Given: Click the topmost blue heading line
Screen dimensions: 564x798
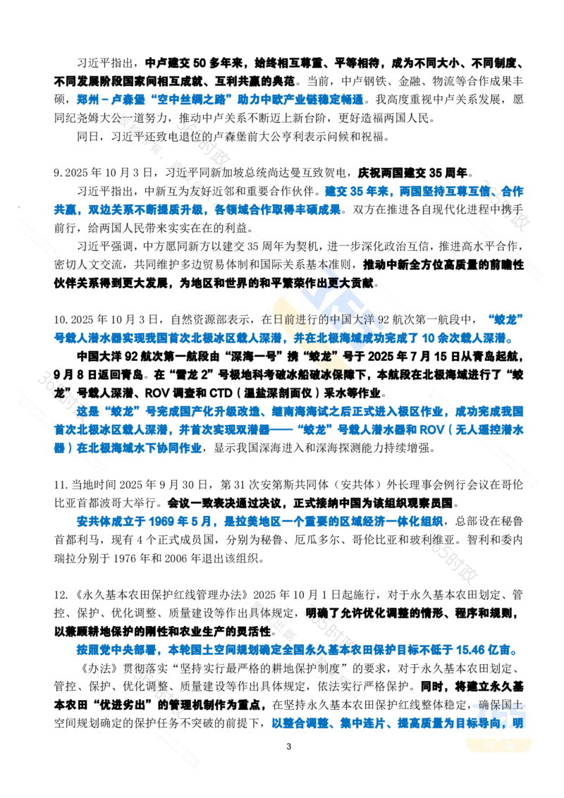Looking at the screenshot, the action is (219, 99).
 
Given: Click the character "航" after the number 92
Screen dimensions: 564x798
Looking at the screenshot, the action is (403, 318).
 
